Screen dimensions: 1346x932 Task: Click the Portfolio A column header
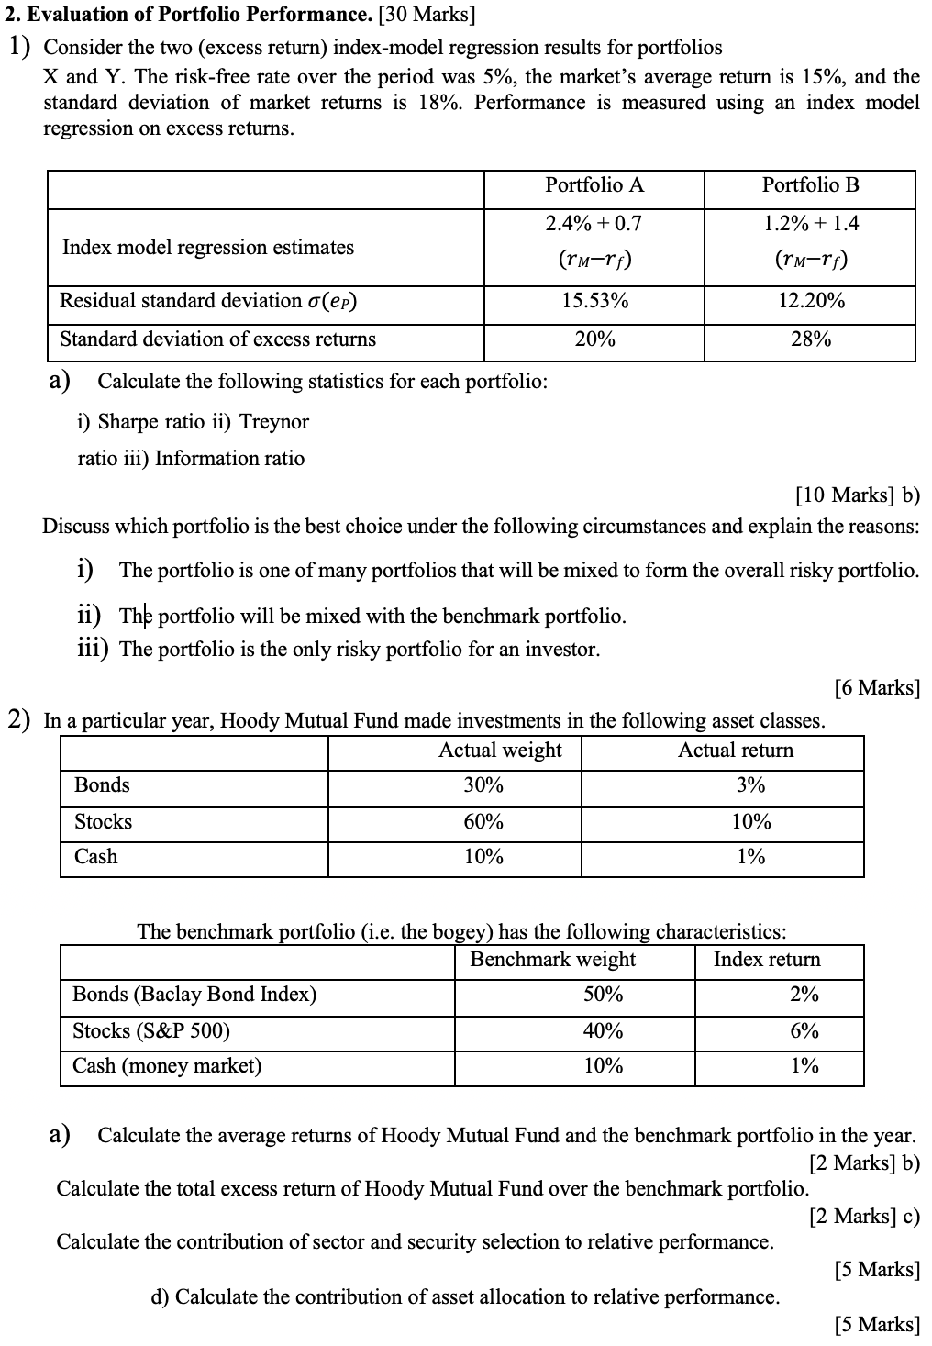click(x=594, y=185)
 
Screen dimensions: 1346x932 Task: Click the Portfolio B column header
click(x=810, y=185)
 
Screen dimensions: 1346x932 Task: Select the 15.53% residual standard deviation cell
click(x=594, y=301)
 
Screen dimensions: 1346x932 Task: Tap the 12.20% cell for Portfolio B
click(x=810, y=301)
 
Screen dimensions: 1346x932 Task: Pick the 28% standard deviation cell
click(x=810, y=339)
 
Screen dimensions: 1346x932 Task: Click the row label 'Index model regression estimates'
click(x=207, y=248)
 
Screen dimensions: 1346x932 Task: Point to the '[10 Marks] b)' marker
click(x=857, y=495)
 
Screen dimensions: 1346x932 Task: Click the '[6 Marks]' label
click(x=876, y=687)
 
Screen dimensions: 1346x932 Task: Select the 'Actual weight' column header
click(x=500, y=751)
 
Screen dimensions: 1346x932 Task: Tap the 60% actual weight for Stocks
click(x=483, y=822)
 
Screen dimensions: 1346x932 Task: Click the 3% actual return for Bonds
click(x=750, y=785)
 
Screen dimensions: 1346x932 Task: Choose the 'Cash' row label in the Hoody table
click(x=95, y=857)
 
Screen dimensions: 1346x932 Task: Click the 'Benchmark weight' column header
click(x=552, y=960)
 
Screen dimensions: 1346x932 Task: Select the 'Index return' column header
click(x=767, y=960)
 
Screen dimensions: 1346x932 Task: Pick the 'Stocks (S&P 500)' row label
click(x=151, y=1031)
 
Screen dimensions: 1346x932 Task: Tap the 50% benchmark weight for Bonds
click(x=603, y=995)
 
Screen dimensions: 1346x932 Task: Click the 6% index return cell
click(x=804, y=1031)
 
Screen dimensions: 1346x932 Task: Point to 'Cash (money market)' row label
click(x=167, y=1066)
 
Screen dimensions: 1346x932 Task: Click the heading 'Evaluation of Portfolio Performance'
click(x=187, y=16)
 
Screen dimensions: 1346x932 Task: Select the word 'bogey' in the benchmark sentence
click(x=464, y=933)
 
